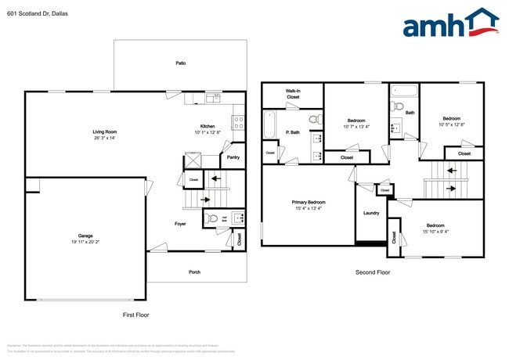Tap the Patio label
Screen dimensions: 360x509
[x=181, y=63]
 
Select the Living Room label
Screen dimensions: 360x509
[x=104, y=131]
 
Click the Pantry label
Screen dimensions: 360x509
[x=233, y=157]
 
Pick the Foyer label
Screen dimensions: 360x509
[x=180, y=224]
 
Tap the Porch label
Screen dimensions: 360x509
[x=194, y=272]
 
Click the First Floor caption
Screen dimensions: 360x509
[x=135, y=315]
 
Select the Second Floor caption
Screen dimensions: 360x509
[x=373, y=272]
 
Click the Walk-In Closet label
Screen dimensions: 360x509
[x=293, y=94]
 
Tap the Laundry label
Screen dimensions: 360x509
[x=371, y=213]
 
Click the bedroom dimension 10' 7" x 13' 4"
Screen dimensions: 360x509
[x=356, y=126]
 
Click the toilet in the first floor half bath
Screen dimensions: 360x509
[x=211, y=219]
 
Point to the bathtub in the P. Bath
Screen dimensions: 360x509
[x=269, y=126]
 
